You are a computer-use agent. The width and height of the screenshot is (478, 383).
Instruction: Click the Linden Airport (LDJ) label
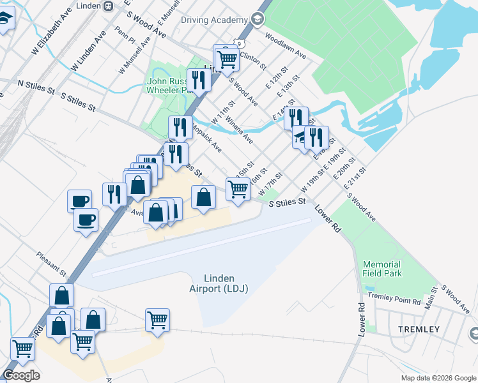219,283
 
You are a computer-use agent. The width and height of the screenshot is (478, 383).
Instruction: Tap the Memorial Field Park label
382,269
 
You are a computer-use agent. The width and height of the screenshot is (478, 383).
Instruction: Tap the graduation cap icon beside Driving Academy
258,19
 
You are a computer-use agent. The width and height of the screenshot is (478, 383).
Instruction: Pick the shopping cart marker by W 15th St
238,189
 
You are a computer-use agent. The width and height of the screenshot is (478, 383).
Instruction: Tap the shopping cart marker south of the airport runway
157,320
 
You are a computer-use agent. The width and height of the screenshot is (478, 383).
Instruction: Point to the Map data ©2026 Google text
438,378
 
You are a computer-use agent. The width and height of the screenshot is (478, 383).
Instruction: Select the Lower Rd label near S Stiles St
327,220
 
